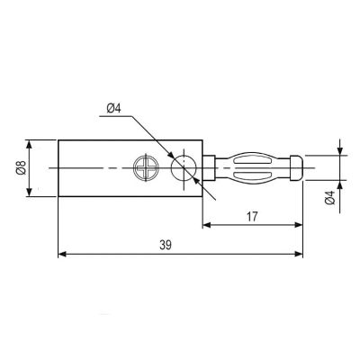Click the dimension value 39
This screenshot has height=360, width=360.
point(166,245)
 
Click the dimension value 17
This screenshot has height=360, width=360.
point(252,216)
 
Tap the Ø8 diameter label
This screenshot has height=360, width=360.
point(22,167)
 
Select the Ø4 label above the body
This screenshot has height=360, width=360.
point(113,108)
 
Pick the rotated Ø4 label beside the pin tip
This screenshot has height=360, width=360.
point(330,198)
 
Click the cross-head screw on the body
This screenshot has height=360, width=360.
point(146,167)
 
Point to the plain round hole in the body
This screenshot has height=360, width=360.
point(184,168)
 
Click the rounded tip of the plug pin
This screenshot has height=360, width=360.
point(297,167)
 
